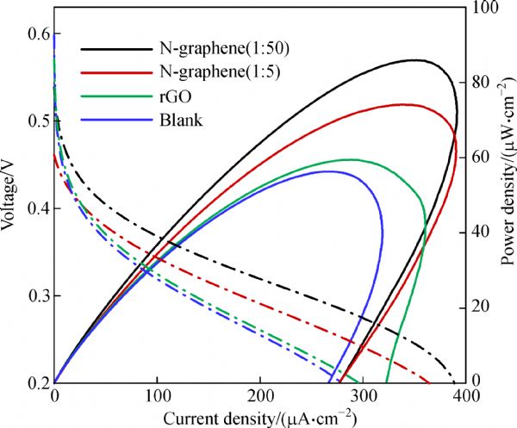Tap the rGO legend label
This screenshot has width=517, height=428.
pos(174,96)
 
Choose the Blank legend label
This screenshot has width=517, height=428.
pos(180,120)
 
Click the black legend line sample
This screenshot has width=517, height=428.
pos(114,48)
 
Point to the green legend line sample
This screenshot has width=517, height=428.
pos(114,96)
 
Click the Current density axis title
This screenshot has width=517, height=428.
pos(259,417)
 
